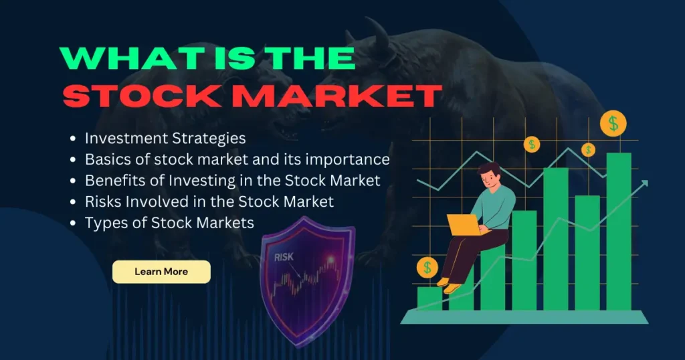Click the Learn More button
pyautogui.click(x=161, y=272)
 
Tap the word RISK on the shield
pyautogui.click(x=284, y=256)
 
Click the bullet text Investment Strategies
pyautogui.click(x=165, y=139)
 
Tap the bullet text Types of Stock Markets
pyautogui.click(x=169, y=223)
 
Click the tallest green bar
pyautogui.click(x=618, y=231)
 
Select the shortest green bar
pyautogui.click(x=429, y=298)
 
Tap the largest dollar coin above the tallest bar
pyautogui.click(x=613, y=123)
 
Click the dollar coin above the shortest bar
pyautogui.click(x=427, y=268)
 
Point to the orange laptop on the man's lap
pyautogui.click(x=462, y=225)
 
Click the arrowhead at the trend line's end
pyautogui.click(x=645, y=183)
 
